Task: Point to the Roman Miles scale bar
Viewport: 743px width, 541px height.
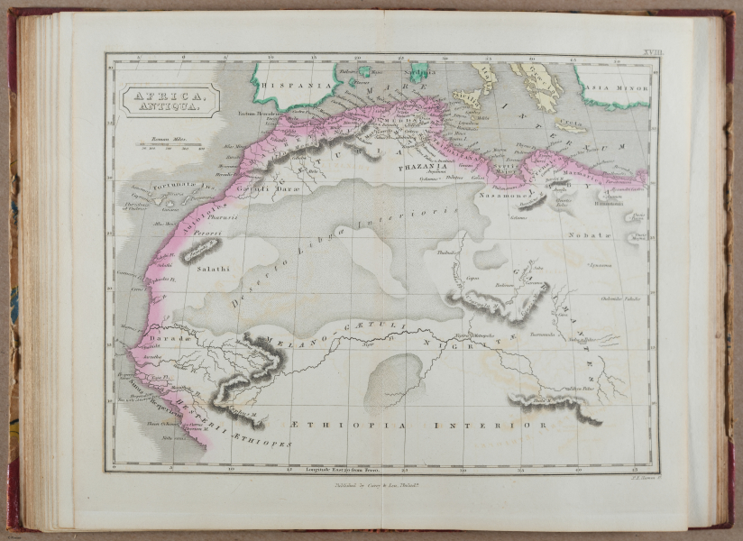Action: (170, 145)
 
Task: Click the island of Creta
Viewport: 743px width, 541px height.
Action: (570, 125)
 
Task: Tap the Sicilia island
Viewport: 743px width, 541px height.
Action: (467, 96)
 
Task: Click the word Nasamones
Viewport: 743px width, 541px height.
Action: (507, 194)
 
